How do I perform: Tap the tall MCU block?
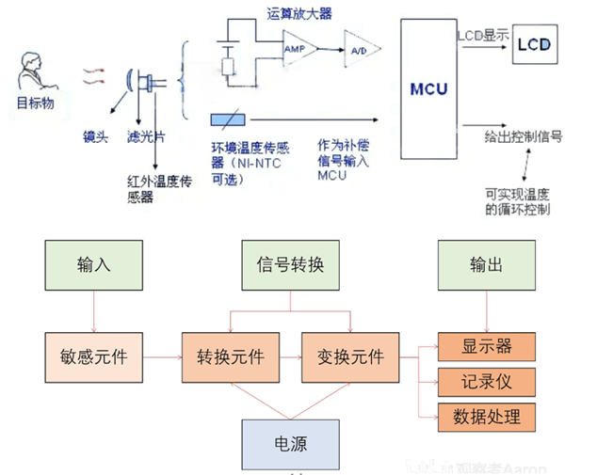428,89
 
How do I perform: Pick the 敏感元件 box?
93,357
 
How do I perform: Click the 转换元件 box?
232,357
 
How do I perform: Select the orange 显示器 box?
486,345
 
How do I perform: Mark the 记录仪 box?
486,380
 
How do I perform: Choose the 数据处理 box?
486,414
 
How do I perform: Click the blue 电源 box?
289,444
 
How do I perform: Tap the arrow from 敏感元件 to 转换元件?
161,357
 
